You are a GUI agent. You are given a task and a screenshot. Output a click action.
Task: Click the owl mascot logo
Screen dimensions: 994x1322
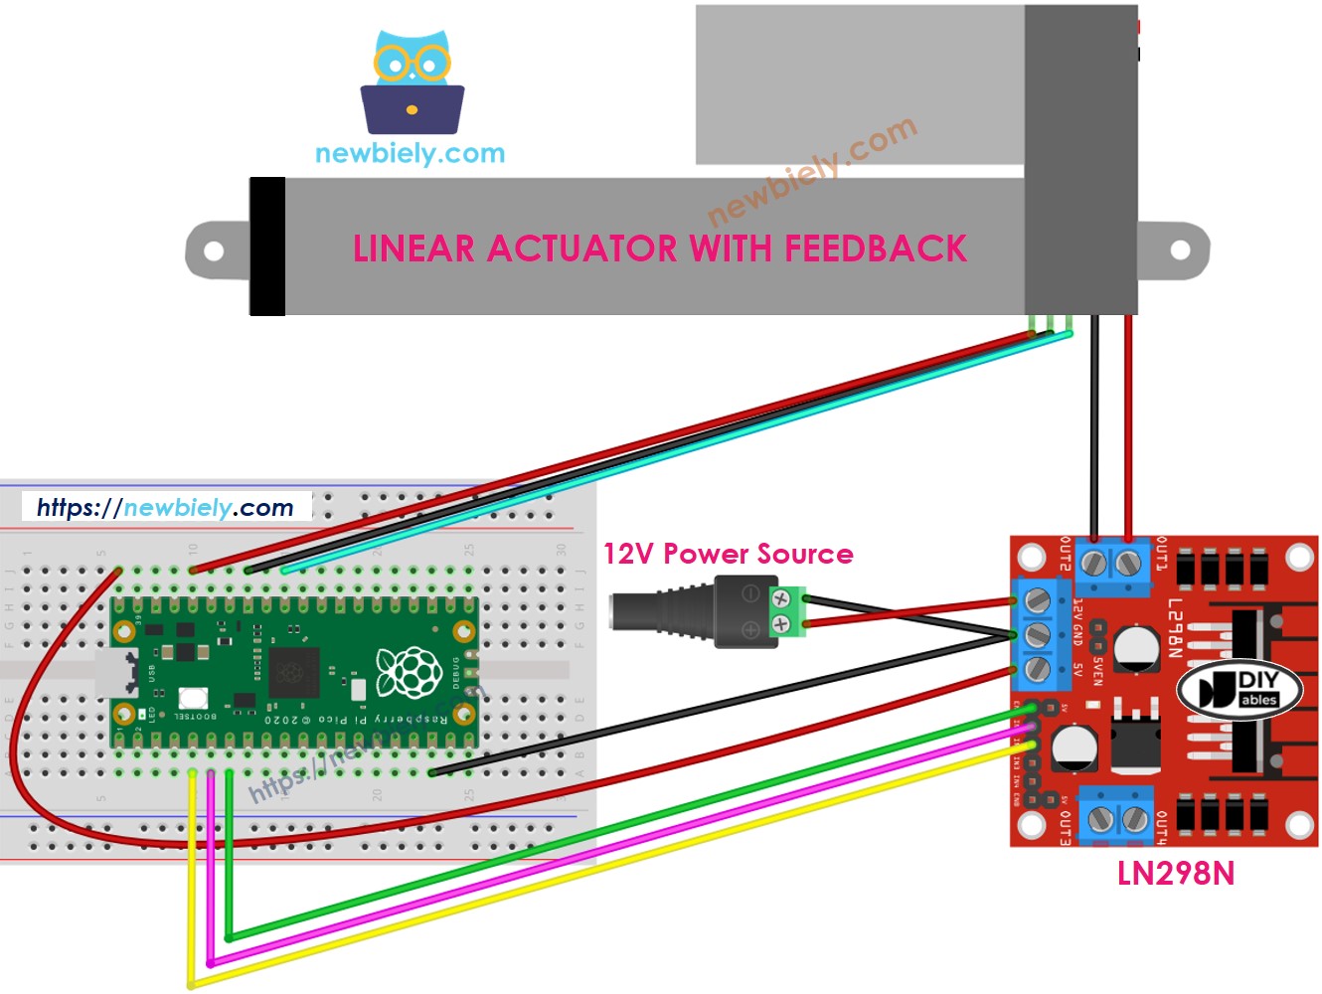coord(412,83)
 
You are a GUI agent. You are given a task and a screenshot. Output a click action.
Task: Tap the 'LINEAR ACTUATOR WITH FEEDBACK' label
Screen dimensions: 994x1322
coord(660,248)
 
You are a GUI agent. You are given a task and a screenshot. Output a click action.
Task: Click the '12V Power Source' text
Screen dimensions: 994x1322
coord(728,554)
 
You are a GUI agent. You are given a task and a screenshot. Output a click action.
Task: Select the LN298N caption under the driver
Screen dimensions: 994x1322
coord(1175,874)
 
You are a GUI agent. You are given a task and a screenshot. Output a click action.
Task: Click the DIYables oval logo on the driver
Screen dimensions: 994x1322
coord(1239,689)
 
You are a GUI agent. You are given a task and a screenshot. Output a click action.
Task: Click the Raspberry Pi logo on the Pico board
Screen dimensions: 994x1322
coord(408,673)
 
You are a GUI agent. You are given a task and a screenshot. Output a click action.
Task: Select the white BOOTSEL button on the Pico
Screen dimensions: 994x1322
coord(193,699)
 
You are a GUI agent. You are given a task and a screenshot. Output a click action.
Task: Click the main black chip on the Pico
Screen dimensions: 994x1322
coord(294,672)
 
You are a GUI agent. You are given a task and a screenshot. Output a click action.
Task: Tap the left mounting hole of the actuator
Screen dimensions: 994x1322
coord(214,250)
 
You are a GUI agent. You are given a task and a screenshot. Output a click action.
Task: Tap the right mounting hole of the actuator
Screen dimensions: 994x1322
coord(1180,249)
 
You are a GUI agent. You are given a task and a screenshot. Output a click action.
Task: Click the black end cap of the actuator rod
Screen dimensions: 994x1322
coord(266,247)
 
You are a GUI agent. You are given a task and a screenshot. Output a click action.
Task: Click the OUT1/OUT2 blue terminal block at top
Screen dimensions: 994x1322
coord(1109,563)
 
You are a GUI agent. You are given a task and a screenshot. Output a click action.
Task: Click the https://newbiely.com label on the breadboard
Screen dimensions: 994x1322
coord(166,508)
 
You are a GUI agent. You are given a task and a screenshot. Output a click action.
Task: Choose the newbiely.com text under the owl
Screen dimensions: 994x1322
coord(410,154)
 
